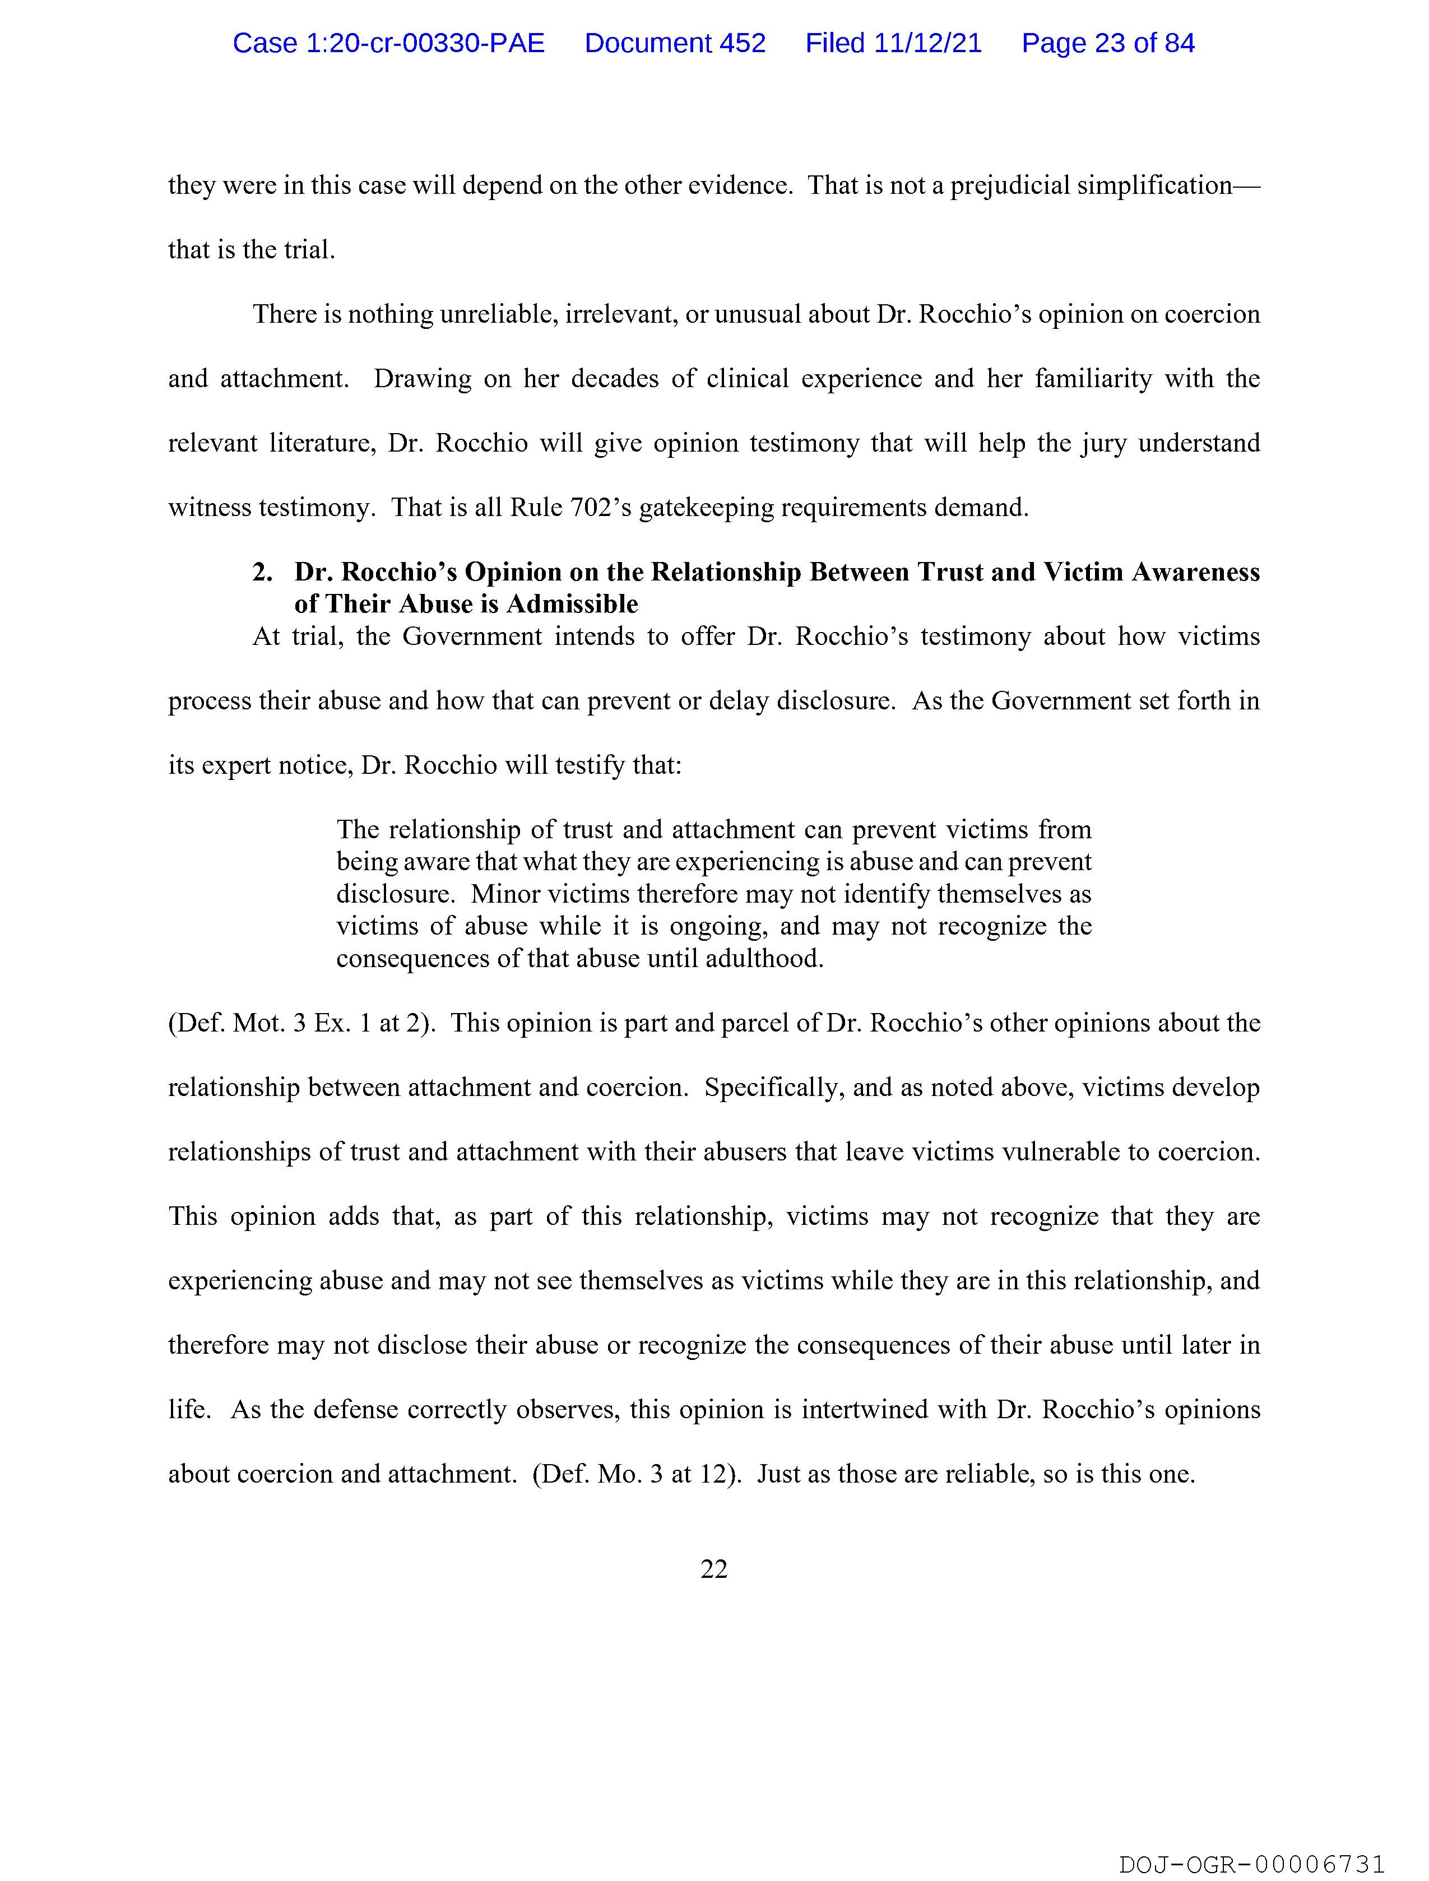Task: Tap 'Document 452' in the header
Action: tap(675, 43)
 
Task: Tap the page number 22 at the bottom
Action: tap(713, 1568)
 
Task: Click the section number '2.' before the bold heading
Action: tap(262, 572)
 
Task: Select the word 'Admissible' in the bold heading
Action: tap(573, 604)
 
